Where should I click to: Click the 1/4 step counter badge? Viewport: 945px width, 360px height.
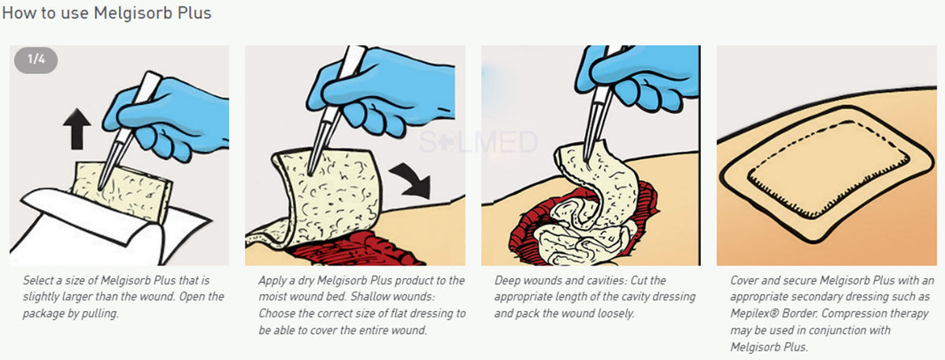click(x=36, y=60)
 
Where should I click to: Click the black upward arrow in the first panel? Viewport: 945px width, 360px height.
click(x=76, y=129)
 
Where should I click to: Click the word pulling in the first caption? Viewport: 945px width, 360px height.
click(x=102, y=313)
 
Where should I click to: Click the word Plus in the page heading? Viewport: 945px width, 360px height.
click(x=195, y=13)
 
